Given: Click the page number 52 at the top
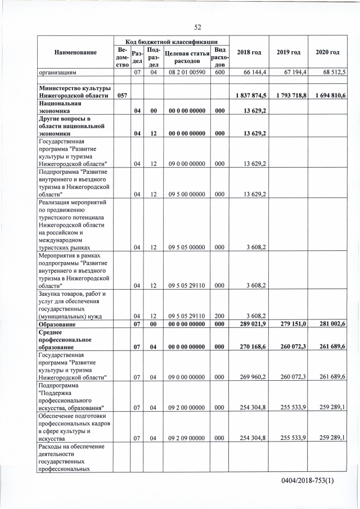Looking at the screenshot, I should [197, 27].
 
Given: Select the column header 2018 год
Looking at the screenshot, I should [249, 52].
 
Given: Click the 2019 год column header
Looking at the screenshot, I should [288, 52].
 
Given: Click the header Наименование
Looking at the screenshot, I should [75, 52].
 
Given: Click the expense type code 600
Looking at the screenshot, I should [219, 73].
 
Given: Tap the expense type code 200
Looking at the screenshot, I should [219, 316].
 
